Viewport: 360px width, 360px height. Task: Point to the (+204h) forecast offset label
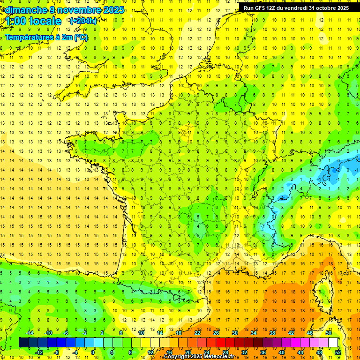[x=83, y=21]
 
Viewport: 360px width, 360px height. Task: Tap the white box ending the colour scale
[x=333, y=343]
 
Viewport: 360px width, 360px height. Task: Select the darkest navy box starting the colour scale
[x=23, y=343]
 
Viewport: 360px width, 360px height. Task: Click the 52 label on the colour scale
[x=337, y=352]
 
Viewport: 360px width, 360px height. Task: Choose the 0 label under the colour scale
[x=93, y=352]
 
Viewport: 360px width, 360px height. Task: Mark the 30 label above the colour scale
[x=234, y=333]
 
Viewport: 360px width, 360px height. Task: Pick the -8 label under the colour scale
[x=57, y=352]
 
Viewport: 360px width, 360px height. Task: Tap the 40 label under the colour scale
[x=281, y=352]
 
